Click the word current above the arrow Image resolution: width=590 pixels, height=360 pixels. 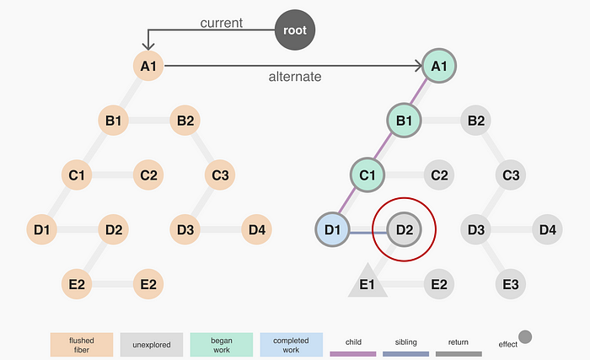222,22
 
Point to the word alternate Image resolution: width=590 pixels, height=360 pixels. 295,77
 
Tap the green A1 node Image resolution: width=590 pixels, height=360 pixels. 438,65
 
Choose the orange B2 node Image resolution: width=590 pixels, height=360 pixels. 185,121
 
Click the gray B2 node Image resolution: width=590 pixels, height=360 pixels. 476,121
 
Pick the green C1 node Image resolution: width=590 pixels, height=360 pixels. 367,175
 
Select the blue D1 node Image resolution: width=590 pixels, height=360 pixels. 330,228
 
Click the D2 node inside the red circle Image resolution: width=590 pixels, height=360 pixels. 404,228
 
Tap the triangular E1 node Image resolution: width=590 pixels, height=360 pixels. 367,282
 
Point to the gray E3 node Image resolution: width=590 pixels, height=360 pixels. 510,283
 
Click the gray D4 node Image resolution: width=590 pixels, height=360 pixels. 547,228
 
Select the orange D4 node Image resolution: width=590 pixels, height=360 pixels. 257,228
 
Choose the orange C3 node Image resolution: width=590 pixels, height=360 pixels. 221,175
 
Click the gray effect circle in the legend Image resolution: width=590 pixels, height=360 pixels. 525,338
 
